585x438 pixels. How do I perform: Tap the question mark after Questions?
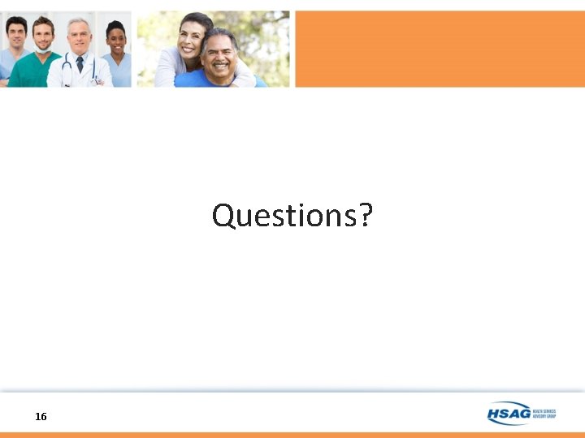(x=365, y=216)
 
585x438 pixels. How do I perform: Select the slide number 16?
(x=41, y=416)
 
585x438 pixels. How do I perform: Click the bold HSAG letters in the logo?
(x=509, y=414)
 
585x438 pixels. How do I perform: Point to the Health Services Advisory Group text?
(x=544, y=413)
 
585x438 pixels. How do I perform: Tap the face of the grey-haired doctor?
(x=79, y=36)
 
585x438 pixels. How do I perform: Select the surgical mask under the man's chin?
(x=43, y=50)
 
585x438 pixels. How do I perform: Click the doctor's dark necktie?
(x=80, y=64)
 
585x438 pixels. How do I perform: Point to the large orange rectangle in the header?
(x=439, y=49)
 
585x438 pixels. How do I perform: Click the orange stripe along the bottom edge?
(x=292, y=435)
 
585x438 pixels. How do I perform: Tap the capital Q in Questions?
(x=223, y=216)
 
